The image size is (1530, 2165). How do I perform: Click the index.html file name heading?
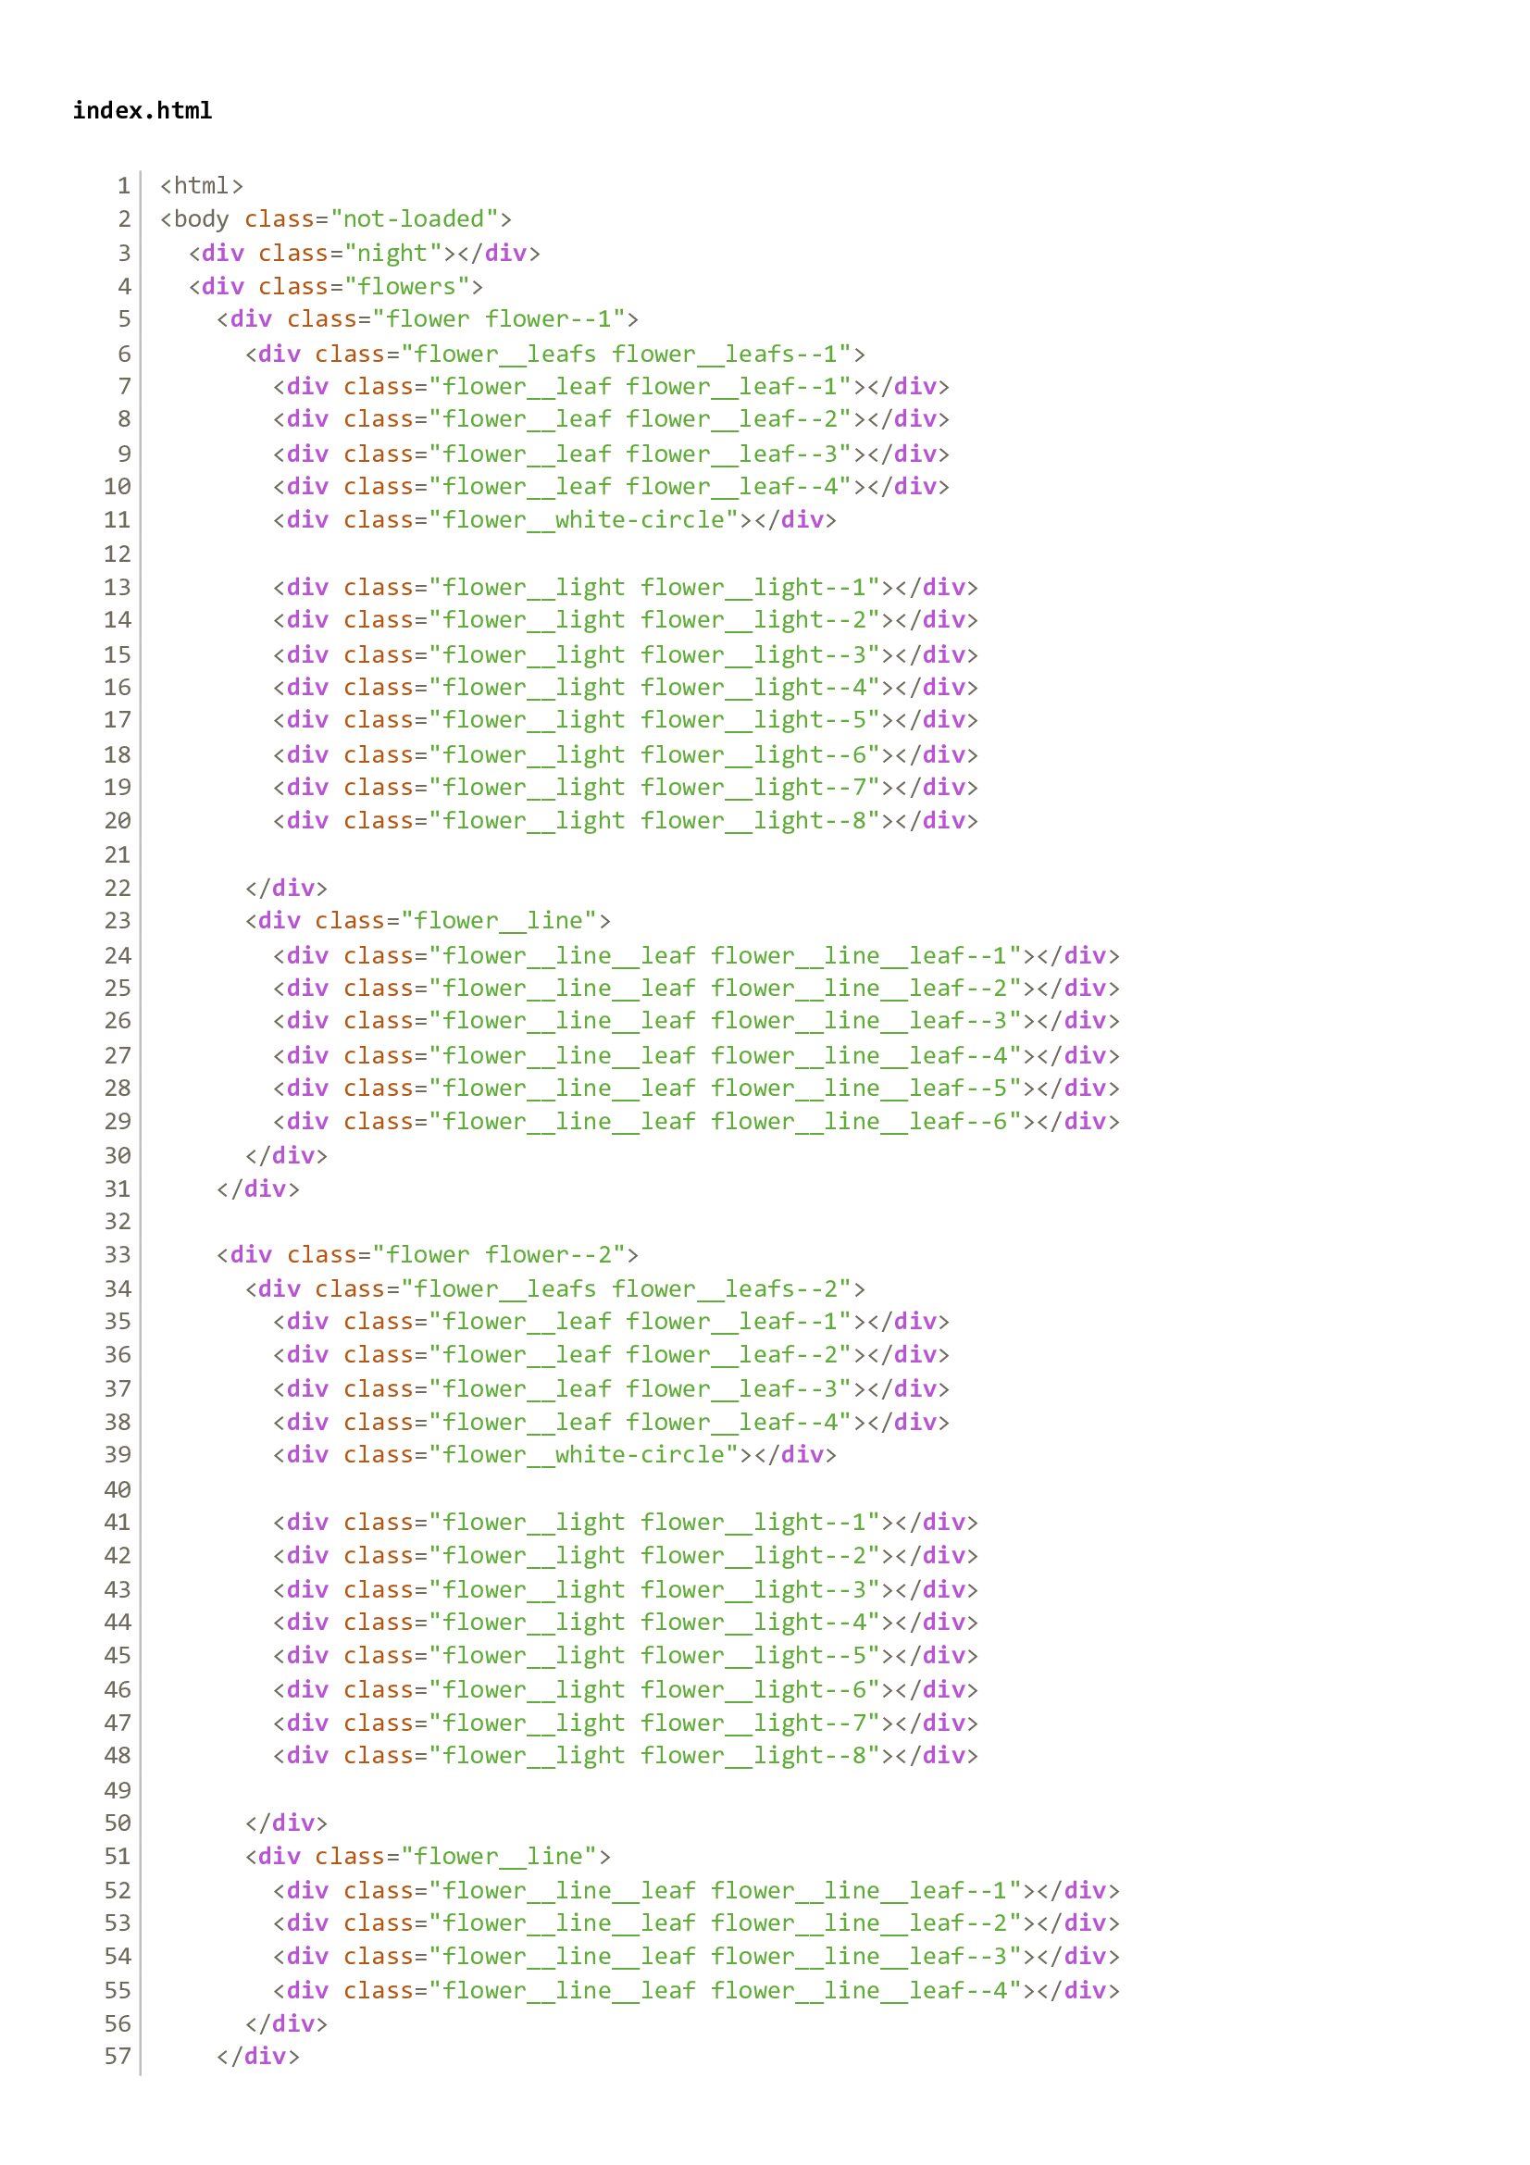point(143,110)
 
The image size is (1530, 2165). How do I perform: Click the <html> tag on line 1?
point(202,186)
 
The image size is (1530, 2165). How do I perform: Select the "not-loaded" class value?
point(414,218)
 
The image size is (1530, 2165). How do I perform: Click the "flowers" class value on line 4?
point(406,286)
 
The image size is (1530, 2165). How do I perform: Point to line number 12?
point(117,554)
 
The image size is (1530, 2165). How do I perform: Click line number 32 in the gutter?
point(117,1221)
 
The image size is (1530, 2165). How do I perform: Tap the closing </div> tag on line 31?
point(258,1188)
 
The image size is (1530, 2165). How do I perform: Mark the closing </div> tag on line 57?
point(258,2056)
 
